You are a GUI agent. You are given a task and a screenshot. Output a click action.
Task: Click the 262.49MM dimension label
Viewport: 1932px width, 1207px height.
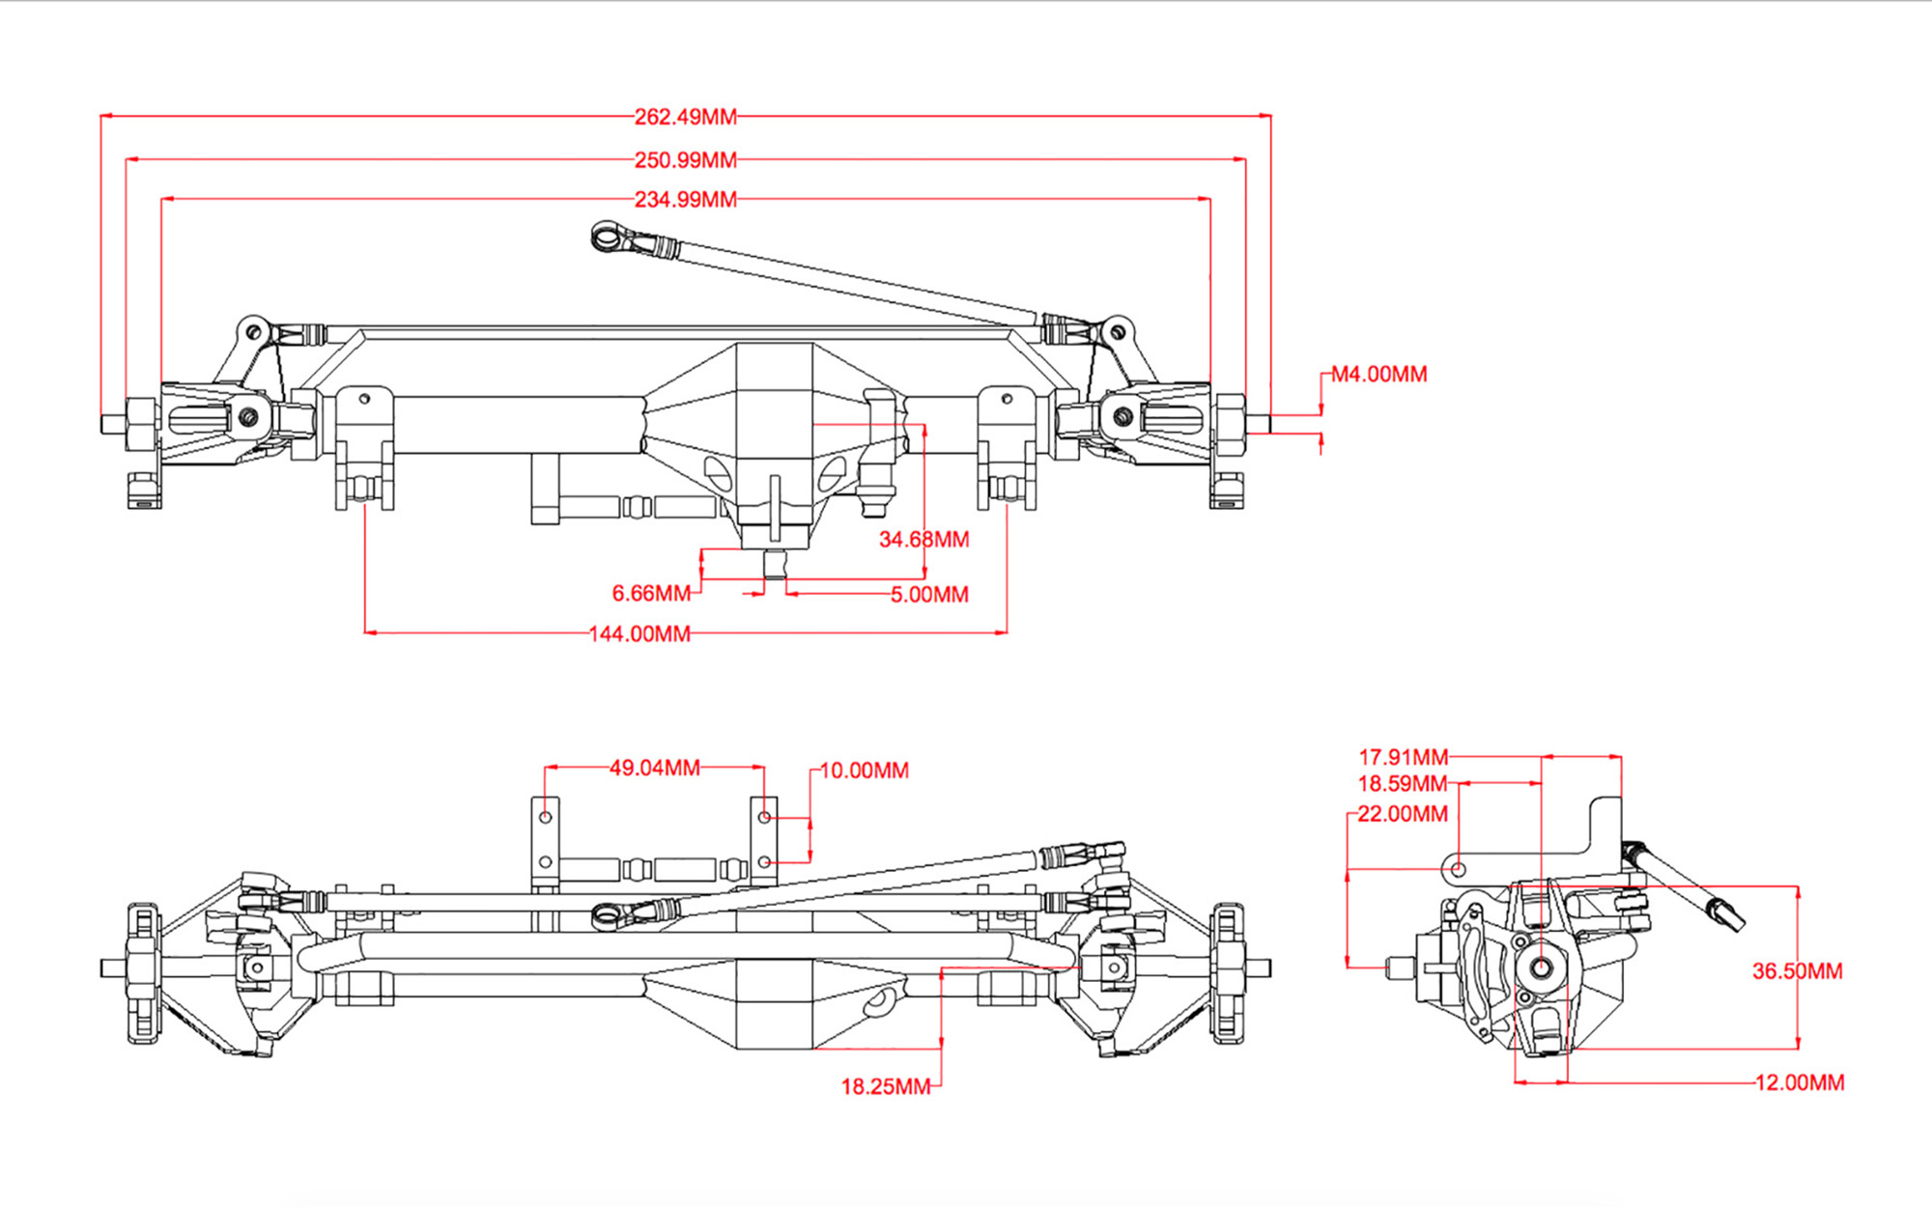[x=685, y=117]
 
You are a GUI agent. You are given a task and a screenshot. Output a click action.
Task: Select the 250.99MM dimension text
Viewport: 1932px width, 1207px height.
[x=685, y=160]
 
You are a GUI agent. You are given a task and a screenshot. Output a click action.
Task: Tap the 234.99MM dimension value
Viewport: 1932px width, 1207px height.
[x=685, y=200]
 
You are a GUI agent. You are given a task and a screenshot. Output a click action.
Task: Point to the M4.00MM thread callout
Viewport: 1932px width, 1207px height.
[x=1378, y=375]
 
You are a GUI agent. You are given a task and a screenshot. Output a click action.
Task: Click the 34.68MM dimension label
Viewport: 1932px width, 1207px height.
[x=923, y=540]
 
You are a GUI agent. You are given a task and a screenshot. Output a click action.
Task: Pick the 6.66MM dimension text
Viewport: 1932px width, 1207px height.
[x=651, y=594]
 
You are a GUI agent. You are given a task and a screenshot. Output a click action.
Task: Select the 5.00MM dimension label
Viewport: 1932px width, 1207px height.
[x=929, y=595]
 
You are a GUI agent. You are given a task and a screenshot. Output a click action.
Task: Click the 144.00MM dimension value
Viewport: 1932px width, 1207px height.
[x=639, y=634]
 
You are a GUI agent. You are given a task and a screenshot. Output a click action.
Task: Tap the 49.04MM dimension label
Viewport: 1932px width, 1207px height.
[x=654, y=769]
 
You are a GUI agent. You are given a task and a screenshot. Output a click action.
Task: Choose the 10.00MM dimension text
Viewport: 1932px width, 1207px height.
[x=864, y=772]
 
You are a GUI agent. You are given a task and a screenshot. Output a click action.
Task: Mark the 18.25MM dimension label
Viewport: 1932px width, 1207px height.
[x=885, y=1087]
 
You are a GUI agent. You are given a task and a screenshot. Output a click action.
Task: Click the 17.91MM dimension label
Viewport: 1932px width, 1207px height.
[x=1403, y=758]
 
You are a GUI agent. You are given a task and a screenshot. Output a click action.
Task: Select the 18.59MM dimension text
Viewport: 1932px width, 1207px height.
[x=1402, y=784]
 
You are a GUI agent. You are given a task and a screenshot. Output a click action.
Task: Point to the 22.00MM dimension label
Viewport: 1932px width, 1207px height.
[x=1402, y=815]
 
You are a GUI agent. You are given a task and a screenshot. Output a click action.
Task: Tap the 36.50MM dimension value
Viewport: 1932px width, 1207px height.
[x=1797, y=971]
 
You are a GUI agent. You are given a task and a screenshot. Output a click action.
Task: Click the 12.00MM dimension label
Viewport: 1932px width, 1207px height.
[x=1799, y=1083]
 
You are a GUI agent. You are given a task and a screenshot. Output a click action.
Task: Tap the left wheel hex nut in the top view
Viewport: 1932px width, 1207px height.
[x=142, y=422]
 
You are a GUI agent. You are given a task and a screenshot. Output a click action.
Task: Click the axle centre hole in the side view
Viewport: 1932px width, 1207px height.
[x=1541, y=968]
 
